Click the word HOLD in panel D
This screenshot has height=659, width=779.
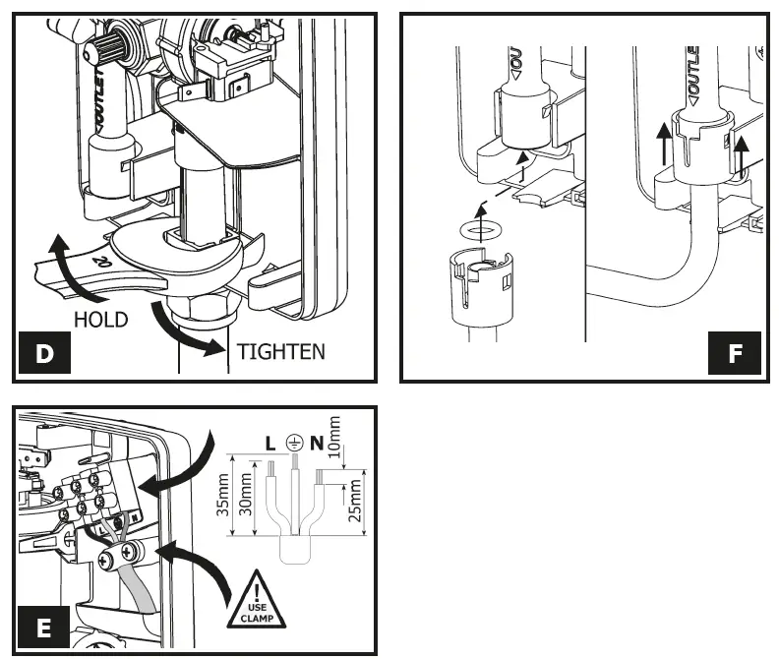click(x=101, y=320)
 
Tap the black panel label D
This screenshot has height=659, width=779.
click(x=45, y=354)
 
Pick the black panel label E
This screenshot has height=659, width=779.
click(x=45, y=628)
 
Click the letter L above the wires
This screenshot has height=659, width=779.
click(x=269, y=444)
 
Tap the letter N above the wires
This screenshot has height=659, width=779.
click(x=315, y=444)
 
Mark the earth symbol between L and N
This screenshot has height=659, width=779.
click(x=291, y=444)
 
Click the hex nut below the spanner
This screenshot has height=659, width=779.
click(x=203, y=309)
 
